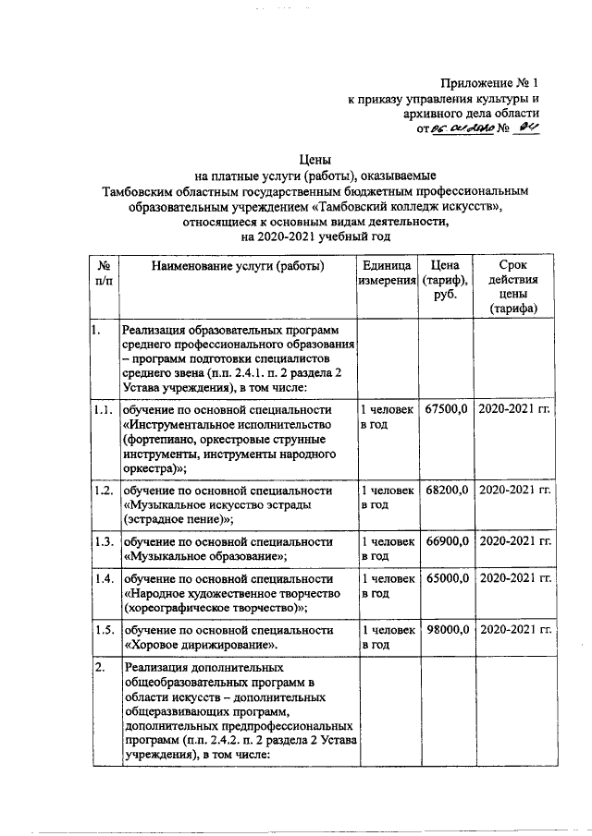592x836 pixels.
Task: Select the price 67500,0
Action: pyautogui.click(x=447, y=408)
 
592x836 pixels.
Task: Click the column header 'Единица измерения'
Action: pyautogui.click(x=387, y=273)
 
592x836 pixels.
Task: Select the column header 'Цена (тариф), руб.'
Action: pyautogui.click(x=447, y=281)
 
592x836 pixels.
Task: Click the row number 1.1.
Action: pyautogui.click(x=102, y=408)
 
